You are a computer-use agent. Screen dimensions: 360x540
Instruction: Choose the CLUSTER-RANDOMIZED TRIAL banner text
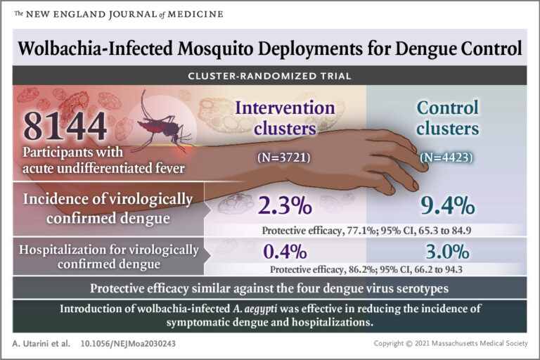270,75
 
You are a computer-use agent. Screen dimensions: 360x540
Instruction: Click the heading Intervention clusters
285,117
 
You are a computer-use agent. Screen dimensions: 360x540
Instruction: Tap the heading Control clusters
448,117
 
